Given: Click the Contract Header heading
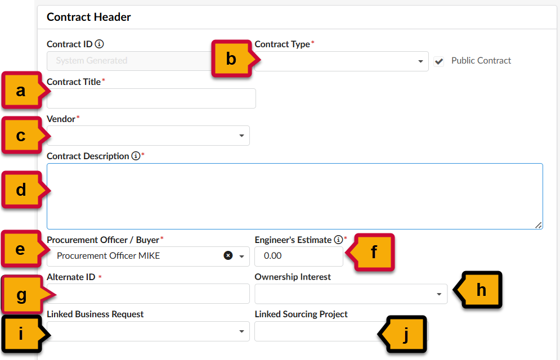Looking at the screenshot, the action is [88, 17].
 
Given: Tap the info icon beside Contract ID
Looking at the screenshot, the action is [99, 44].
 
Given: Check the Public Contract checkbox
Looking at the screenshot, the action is [438, 61].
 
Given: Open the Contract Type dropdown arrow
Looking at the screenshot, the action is [420, 61].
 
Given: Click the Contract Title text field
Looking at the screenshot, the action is [151, 98].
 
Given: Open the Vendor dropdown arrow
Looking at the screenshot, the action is [241, 136].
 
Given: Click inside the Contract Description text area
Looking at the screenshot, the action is [295, 196].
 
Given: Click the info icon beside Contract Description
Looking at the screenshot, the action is [136, 156].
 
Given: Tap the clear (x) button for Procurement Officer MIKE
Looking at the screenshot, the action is [228, 255].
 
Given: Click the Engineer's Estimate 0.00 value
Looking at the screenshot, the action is [272, 256].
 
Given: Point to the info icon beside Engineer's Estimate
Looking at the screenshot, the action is [338, 240].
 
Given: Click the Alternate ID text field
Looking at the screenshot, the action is [148, 294].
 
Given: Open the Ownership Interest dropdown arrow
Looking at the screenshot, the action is [439, 294].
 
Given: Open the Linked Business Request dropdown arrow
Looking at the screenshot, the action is [241, 331].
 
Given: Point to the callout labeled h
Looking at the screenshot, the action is [478, 290].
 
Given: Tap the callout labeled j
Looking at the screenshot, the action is [402, 334].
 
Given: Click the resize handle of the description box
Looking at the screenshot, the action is [539, 225].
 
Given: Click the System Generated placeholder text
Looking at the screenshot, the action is [91, 61].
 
